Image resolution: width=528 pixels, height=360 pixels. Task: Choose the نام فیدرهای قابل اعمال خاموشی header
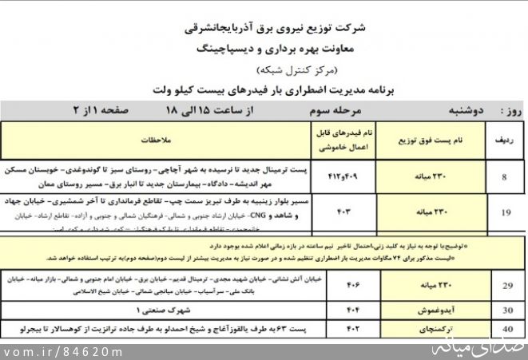pos(346,138)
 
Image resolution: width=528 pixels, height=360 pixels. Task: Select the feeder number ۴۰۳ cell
pos(346,212)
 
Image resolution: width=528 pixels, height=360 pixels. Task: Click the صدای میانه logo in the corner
pos(488,347)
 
